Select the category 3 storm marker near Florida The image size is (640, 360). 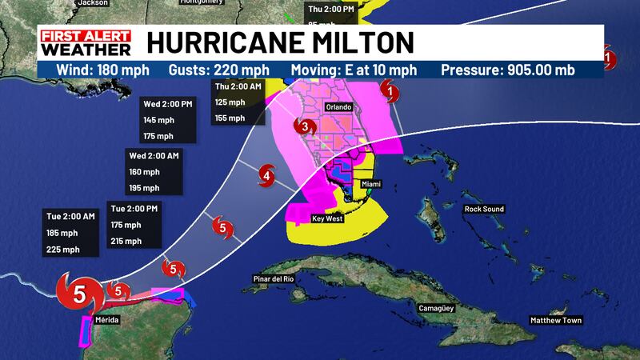tap(304, 126)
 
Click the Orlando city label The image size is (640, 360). tap(340, 106)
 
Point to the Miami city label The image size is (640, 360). tap(371, 184)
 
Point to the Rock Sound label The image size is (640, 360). tap(484, 210)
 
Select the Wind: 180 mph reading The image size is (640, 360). tap(97, 70)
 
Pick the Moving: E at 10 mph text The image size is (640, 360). tap(356, 70)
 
